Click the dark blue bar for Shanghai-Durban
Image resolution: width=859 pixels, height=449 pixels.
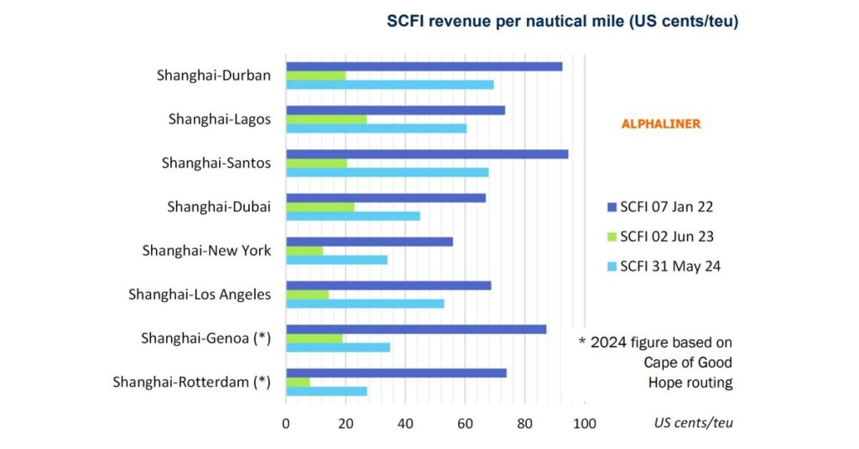(x=424, y=66)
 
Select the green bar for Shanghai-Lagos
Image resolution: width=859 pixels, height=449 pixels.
(x=326, y=119)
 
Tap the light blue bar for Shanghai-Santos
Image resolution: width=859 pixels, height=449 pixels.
(x=387, y=172)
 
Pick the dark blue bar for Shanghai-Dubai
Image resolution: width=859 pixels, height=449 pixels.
(x=386, y=198)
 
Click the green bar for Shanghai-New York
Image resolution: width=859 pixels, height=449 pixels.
(x=305, y=251)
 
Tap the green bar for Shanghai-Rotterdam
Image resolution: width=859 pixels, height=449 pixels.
(x=298, y=382)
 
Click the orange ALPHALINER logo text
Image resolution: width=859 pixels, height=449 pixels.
(x=660, y=124)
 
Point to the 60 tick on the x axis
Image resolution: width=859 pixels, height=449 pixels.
(x=465, y=423)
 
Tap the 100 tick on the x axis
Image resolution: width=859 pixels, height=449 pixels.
(x=584, y=423)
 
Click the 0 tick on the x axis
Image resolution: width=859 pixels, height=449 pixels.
(x=286, y=423)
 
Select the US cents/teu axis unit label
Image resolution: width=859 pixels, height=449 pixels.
(x=693, y=423)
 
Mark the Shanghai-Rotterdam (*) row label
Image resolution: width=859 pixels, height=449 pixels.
(x=191, y=382)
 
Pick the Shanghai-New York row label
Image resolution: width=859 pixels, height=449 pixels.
(x=206, y=250)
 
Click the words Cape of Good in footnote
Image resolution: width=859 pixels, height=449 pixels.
(x=688, y=363)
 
